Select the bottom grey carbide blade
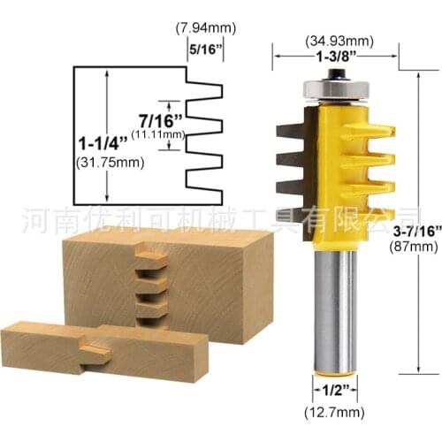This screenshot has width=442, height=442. coord(291,190)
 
